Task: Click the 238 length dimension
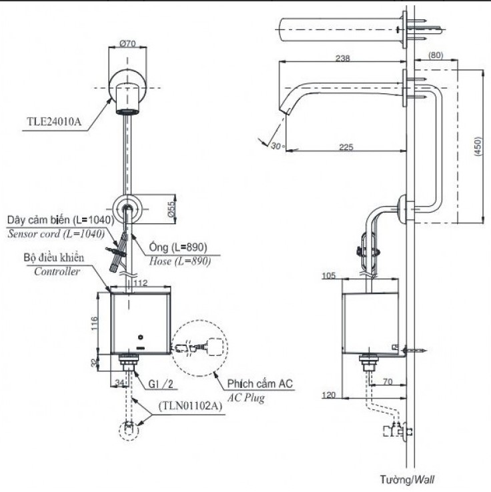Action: tap(343, 59)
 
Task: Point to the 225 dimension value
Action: tap(346, 147)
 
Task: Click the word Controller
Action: tap(57, 271)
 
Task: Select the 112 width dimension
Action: tap(139, 283)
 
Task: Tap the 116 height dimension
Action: tap(95, 325)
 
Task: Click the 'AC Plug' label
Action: tap(246, 398)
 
